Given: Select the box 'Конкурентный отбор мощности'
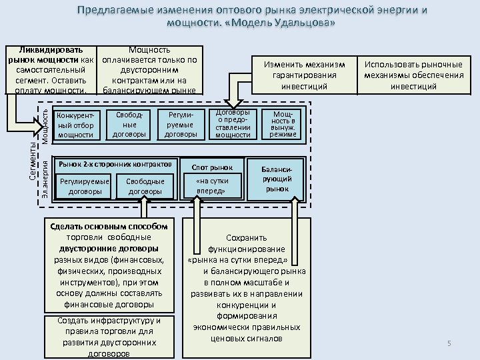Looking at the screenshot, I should pos(76,125).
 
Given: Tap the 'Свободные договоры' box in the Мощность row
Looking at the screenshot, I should pos(129,125).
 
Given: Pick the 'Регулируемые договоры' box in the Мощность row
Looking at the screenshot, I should pos(180,125).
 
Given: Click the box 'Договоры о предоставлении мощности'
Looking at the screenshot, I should pos(233,124).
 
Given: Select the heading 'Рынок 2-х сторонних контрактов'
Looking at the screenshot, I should pos(117,163).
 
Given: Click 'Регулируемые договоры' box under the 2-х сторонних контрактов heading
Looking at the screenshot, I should pos(84,186).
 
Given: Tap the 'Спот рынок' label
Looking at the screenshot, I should pos(212,167).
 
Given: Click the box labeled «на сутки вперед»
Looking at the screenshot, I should pos(212,186).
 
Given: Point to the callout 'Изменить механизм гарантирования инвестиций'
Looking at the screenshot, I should pos(304,75).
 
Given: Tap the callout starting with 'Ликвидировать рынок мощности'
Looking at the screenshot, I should pos(51,70).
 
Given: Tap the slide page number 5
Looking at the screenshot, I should pos(449,343).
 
